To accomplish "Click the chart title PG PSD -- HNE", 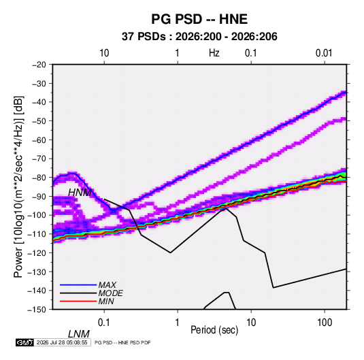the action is pyautogui.click(x=199, y=19).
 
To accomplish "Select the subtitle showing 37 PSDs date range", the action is pyautogui.click(x=199, y=37).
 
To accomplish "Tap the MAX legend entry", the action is pyautogui.click(x=107, y=284).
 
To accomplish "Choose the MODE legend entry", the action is pyautogui.click(x=110, y=293).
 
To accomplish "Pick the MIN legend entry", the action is pyautogui.click(x=106, y=301).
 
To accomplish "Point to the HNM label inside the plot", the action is pyautogui.click(x=80, y=193).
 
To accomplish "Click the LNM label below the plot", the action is pyautogui.click(x=79, y=334).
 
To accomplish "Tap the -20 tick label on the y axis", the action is pyautogui.click(x=39, y=65).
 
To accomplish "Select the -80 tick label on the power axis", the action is pyautogui.click(x=39, y=178).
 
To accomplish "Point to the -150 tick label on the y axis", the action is pyautogui.click(x=37, y=310).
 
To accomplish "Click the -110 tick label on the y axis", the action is pyautogui.click(x=37, y=234).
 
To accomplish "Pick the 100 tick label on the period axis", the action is pyautogui.click(x=325, y=323).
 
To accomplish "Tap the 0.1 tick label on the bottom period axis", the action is pyautogui.click(x=104, y=323).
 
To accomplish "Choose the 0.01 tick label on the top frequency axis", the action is pyautogui.click(x=324, y=53).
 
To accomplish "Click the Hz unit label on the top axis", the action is pyautogui.click(x=214, y=53).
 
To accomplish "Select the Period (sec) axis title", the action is pyautogui.click(x=214, y=330).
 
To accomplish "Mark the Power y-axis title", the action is pyautogui.click(x=18, y=187).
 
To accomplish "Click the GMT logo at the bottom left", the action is pyautogui.click(x=24, y=342).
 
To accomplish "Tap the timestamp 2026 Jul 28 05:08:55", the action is pyautogui.click(x=62, y=342).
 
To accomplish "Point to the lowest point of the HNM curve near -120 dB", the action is pyautogui.click(x=170, y=252).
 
